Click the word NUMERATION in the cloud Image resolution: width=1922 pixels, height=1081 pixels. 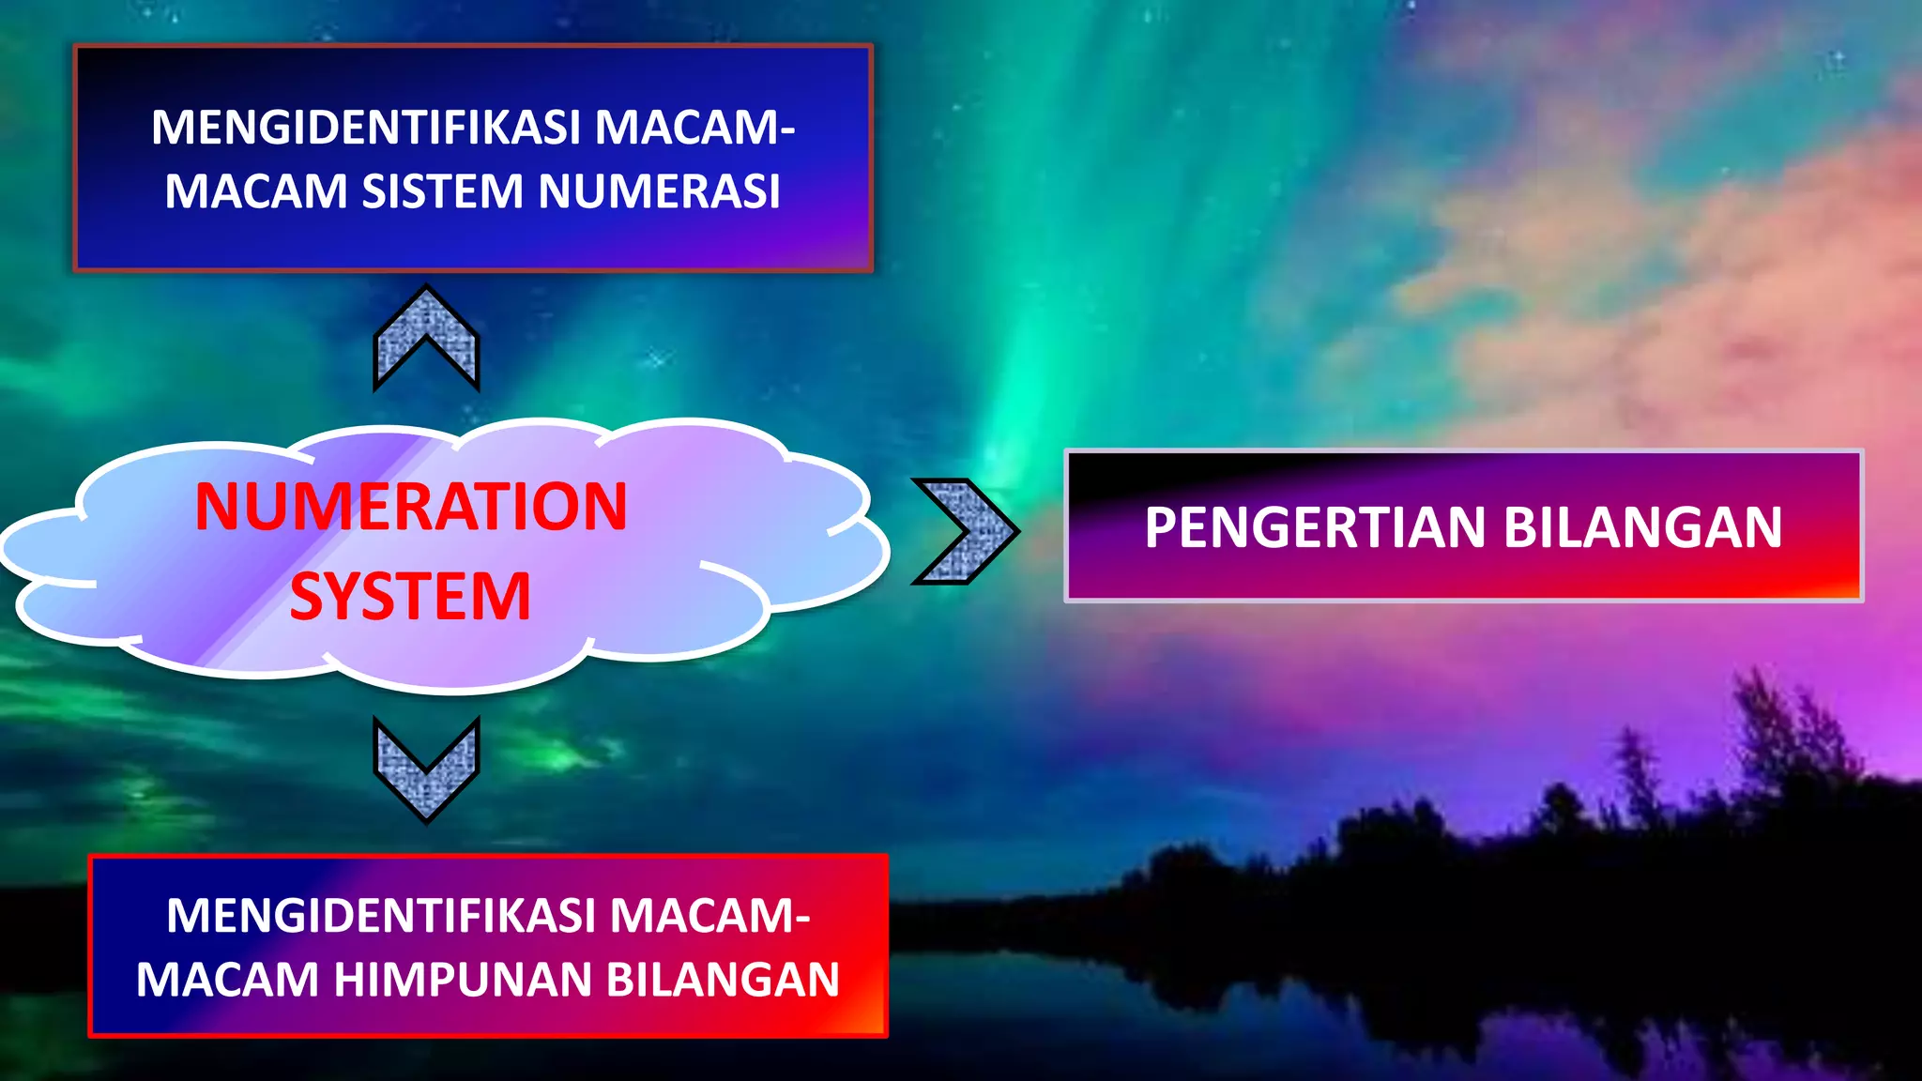click(411, 507)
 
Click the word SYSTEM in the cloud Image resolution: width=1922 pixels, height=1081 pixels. click(410, 597)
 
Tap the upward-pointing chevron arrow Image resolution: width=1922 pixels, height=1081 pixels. click(426, 338)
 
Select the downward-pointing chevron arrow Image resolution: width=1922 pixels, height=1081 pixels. click(426, 769)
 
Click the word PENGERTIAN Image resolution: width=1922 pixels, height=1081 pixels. click(1315, 527)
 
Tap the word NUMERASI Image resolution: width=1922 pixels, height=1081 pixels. click(659, 191)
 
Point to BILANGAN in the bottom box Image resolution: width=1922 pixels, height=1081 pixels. click(722, 980)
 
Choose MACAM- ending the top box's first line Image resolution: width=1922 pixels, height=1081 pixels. click(694, 128)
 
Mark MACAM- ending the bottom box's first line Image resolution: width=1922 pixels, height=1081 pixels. click(709, 916)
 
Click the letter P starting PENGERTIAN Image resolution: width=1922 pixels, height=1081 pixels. click(1161, 527)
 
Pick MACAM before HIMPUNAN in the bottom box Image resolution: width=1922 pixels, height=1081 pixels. click(228, 980)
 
